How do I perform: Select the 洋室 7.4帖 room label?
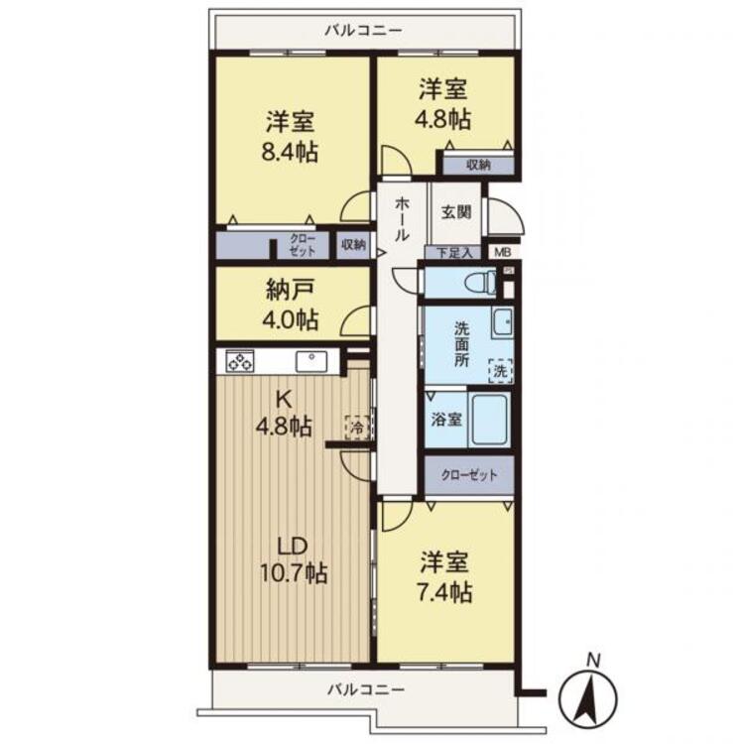click(x=443, y=577)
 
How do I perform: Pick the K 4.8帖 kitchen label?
click(x=285, y=413)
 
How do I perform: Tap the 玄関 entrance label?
click(x=457, y=212)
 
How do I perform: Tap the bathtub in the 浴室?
click(x=492, y=420)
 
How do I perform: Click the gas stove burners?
click(x=240, y=361)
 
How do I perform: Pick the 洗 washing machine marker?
click(x=501, y=371)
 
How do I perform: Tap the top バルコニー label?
click(x=365, y=29)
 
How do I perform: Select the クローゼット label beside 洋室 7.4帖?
click(x=470, y=475)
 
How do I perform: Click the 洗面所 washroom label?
click(x=462, y=343)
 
